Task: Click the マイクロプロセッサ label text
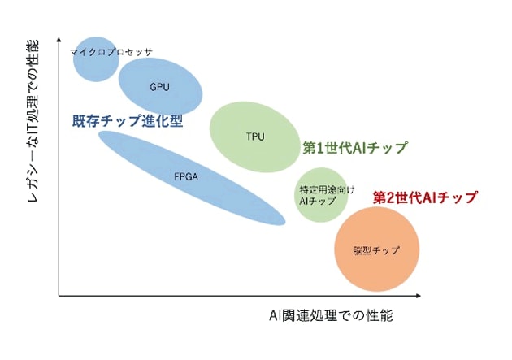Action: [x=111, y=52]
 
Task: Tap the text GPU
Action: [x=159, y=86]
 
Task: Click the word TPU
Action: [x=255, y=136]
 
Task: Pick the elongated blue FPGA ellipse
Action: [x=191, y=177]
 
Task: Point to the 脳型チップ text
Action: [x=376, y=250]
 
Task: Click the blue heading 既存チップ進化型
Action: [x=128, y=120]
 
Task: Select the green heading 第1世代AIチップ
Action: [x=354, y=148]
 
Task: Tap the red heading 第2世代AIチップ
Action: [x=424, y=197]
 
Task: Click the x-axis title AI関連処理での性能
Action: [x=331, y=315]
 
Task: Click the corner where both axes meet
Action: [x=59, y=296]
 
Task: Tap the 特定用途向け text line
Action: [x=321, y=189]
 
